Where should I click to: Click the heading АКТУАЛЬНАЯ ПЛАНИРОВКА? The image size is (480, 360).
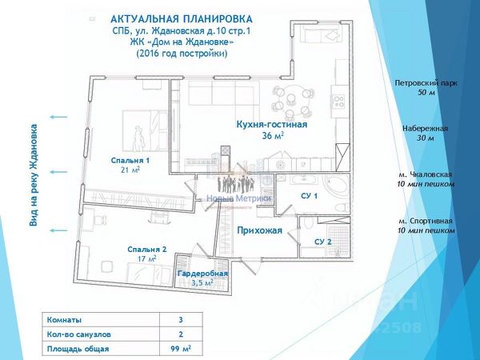click(x=182, y=18)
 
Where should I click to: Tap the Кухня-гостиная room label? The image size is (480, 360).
click(x=262, y=125)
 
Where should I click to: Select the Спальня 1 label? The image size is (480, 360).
click(x=130, y=160)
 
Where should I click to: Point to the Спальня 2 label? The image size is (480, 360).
click(x=146, y=249)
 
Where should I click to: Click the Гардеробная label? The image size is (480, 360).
click(x=202, y=274)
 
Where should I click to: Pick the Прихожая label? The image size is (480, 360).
click(x=260, y=230)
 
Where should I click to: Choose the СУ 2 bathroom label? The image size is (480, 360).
click(x=322, y=242)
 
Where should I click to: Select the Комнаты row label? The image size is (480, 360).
click(x=63, y=318)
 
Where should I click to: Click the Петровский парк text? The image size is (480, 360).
click(x=426, y=82)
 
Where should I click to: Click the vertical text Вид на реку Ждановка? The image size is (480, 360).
click(x=34, y=174)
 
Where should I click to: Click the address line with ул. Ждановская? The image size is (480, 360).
click(x=182, y=30)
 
